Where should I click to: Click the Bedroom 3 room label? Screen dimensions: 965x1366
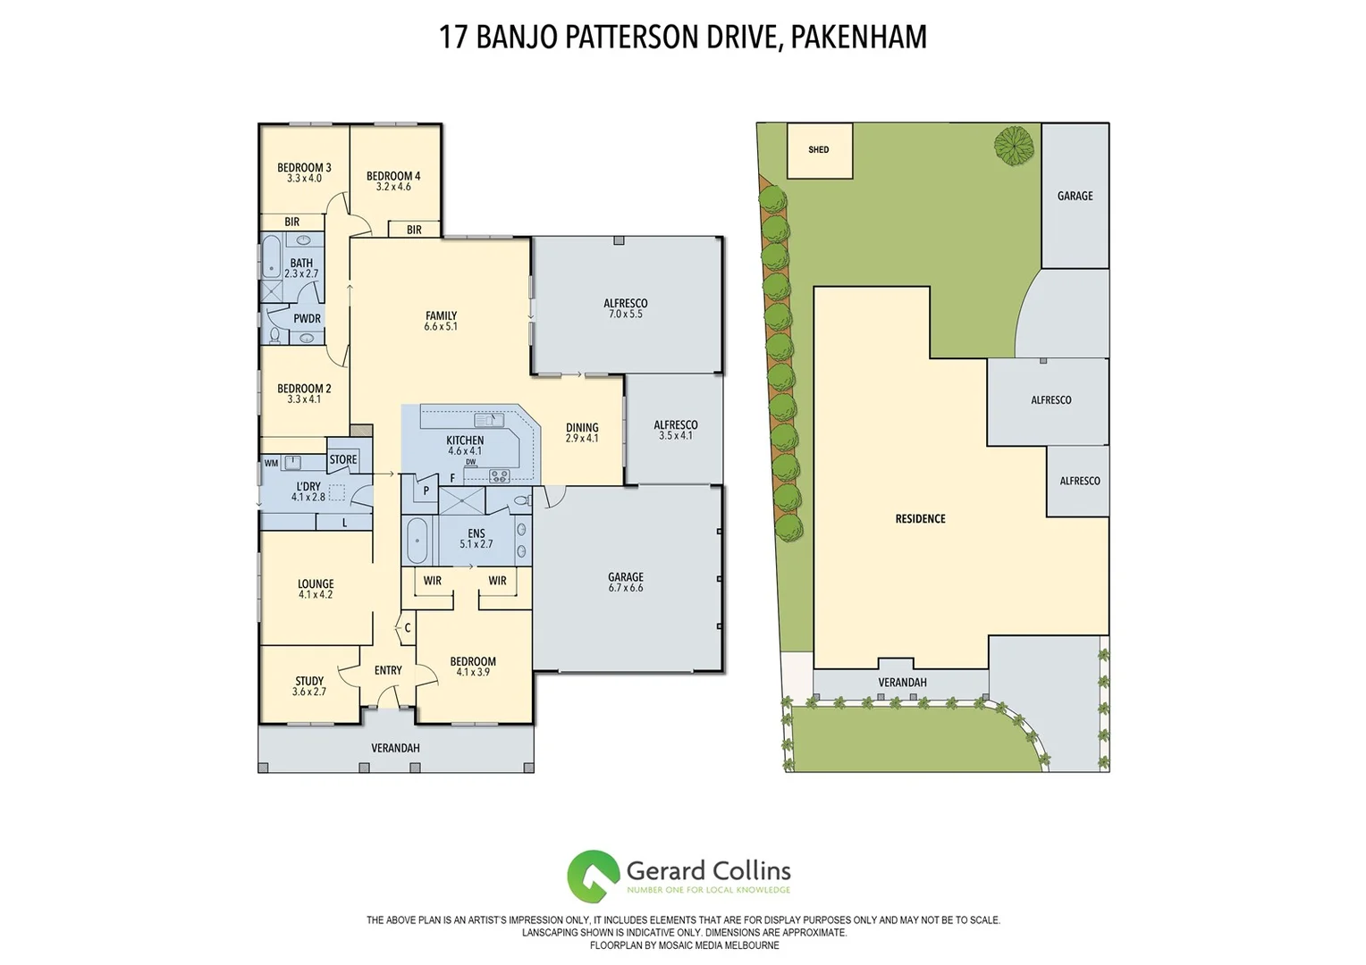point(304,168)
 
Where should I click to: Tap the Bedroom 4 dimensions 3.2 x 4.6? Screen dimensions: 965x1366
point(393,187)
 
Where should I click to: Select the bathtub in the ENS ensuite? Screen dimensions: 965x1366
point(417,541)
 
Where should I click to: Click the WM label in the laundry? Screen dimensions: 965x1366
point(271,463)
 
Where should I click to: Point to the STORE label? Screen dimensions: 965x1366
point(343,460)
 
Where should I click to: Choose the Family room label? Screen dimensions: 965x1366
point(441,316)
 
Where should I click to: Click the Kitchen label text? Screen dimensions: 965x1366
point(465,441)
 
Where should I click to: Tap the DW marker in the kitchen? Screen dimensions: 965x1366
point(470,462)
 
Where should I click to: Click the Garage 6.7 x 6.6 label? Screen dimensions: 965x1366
point(626,583)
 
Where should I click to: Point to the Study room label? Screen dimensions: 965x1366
point(309,682)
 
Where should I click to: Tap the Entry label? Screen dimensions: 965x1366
point(388,670)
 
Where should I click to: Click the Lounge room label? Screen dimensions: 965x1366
point(316,584)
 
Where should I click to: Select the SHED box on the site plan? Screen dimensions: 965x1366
point(819,150)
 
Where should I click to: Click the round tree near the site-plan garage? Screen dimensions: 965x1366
point(1015,146)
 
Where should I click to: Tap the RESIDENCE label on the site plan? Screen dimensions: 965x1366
point(920,518)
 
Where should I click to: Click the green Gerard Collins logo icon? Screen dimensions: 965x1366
point(593,876)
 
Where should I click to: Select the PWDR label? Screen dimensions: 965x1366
point(307,319)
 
